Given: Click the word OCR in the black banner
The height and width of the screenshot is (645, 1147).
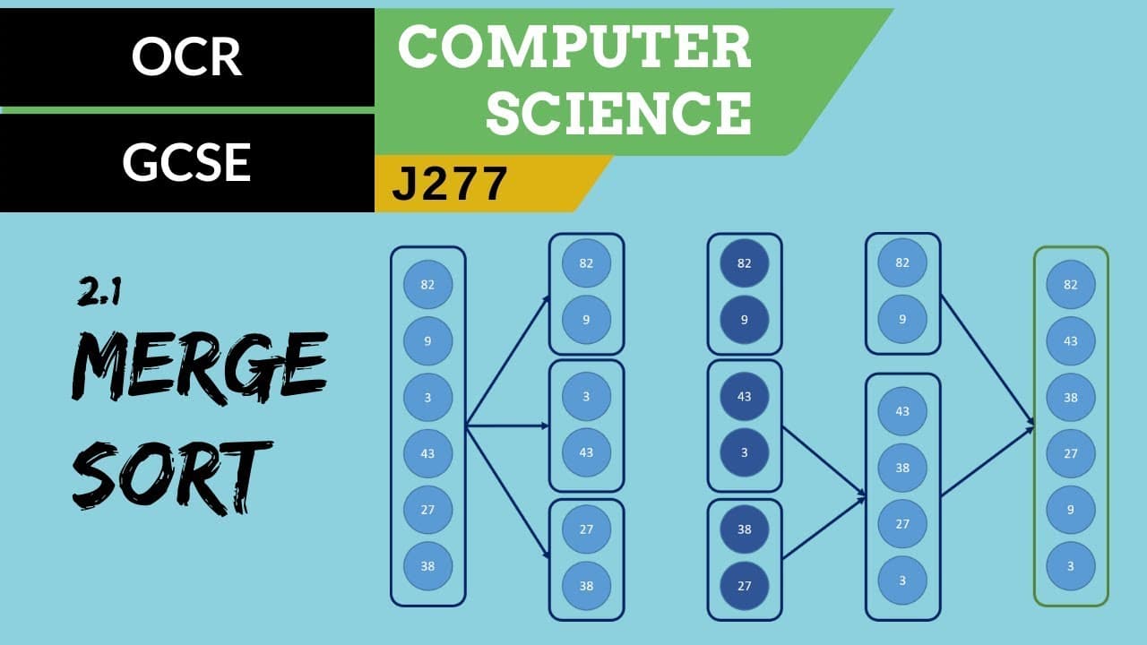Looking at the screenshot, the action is (x=186, y=56).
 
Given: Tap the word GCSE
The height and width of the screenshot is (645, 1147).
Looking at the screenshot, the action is (x=186, y=162).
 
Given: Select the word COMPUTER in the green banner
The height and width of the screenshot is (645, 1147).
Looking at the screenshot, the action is (x=574, y=47).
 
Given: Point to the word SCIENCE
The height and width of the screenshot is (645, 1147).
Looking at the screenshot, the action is (x=618, y=113).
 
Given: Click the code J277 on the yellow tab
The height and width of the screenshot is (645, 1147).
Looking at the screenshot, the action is (x=450, y=184).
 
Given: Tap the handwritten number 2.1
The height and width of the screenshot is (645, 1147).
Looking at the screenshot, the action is (x=99, y=293).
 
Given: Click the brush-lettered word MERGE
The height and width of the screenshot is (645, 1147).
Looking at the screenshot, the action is (x=200, y=367).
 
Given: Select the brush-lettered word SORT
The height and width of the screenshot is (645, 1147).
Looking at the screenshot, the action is (x=170, y=477).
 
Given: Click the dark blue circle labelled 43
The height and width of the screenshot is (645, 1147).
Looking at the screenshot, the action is (x=744, y=397).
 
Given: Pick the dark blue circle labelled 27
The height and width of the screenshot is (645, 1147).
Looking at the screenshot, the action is (x=744, y=586).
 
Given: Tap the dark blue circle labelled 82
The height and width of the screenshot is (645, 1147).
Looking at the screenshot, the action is (x=744, y=263).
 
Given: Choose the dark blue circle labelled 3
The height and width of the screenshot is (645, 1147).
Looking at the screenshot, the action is (x=744, y=452).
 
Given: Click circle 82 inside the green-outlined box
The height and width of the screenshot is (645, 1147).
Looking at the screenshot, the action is (x=1071, y=285).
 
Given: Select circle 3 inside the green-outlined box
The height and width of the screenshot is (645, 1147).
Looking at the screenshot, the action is (x=1071, y=566).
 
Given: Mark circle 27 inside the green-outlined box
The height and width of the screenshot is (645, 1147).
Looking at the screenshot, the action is (x=1071, y=453).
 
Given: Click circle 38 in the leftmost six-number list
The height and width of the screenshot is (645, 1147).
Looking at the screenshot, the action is (x=427, y=566).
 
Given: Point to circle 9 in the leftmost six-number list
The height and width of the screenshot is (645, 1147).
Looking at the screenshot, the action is (x=427, y=341).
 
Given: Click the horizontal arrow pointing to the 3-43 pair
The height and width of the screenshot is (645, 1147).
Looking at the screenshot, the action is (x=507, y=426).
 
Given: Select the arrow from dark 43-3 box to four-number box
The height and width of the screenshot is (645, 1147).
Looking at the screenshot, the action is (x=824, y=461).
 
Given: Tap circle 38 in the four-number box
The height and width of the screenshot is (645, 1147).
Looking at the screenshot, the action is (x=902, y=468).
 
